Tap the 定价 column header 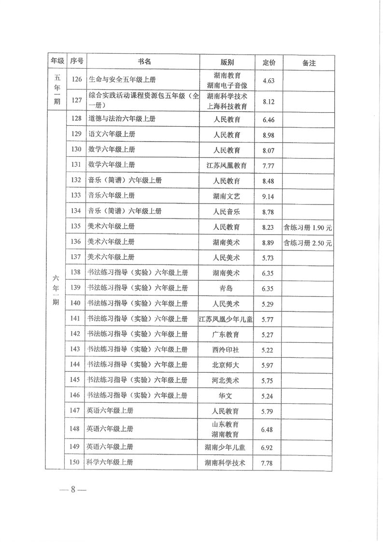tap(269, 62)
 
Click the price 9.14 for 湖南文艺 tap(268, 196)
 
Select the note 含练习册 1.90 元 tap(308, 227)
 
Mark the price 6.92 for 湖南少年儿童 tap(268, 447)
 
